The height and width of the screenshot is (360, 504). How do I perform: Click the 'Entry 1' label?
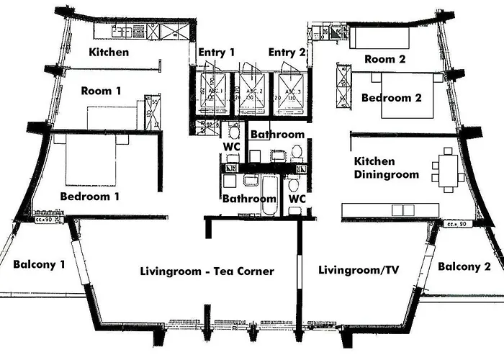(x=217, y=53)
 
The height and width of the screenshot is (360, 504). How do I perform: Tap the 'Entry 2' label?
(x=287, y=53)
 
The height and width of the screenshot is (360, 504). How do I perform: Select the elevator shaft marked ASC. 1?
(x=212, y=93)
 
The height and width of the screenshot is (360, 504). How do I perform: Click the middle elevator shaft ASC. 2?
(x=253, y=93)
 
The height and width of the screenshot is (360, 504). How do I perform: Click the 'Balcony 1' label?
(x=39, y=264)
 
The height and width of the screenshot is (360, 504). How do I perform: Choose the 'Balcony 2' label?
(x=464, y=266)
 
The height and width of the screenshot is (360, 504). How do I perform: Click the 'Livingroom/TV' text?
(x=359, y=270)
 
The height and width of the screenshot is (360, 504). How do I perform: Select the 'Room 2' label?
(x=385, y=59)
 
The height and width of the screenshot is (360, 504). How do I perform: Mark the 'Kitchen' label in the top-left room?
(x=109, y=52)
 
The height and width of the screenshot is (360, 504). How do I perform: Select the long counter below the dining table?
(x=389, y=210)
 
